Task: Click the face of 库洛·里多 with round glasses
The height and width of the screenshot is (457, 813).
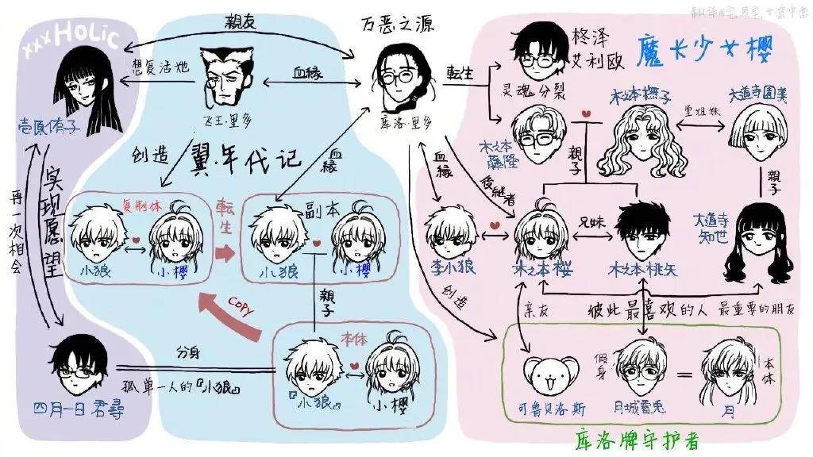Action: (x=397, y=75)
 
